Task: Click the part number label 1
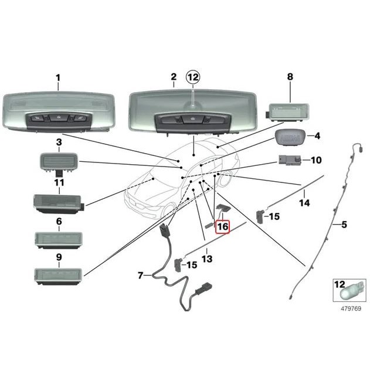58,78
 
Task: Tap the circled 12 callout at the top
193,77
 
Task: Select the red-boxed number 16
223,227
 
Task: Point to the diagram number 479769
351,308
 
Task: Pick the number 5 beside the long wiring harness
344,225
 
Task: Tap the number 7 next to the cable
140,276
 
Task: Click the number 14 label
304,203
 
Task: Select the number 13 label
207,259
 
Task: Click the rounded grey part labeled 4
290,137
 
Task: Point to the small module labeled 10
290,161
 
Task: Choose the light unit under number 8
287,112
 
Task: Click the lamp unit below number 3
59,163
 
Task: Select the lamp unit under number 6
59,240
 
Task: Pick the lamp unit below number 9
59,277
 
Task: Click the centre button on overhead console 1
59,117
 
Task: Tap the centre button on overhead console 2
193,119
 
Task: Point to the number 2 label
174,77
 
